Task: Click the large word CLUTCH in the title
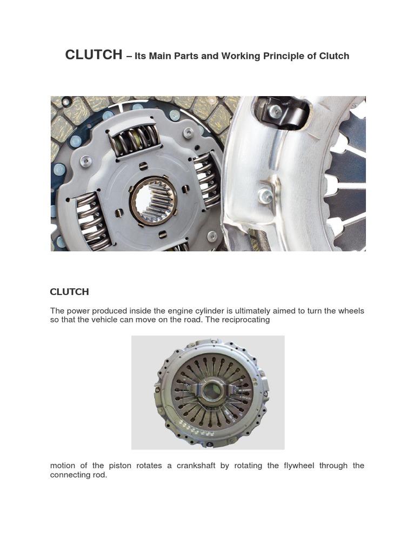(x=93, y=55)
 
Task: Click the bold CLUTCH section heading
(x=69, y=292)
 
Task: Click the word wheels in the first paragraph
(x=351, y=311)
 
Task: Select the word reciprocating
(x=244, y=319)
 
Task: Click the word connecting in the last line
(x=70, y=475)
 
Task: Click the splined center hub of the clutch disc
(x=153, y=199)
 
